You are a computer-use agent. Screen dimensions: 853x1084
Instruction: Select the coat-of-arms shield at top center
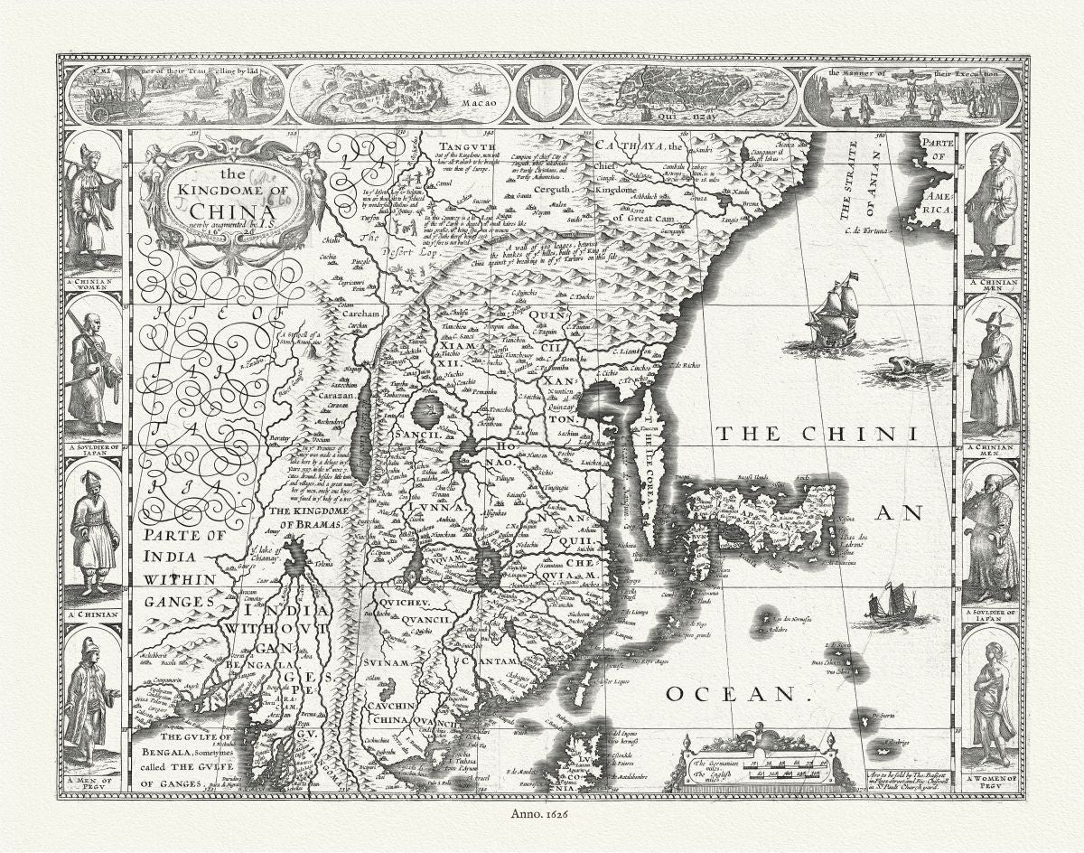tap(544, 93)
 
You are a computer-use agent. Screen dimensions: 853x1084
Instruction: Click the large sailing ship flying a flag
tap(836, 312)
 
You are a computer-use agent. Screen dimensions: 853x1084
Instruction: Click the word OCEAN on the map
tap(733, 694)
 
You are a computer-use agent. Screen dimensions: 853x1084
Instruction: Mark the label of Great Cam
tap(644, 218)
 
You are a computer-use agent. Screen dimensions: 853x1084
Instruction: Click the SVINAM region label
tap(388, 663)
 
